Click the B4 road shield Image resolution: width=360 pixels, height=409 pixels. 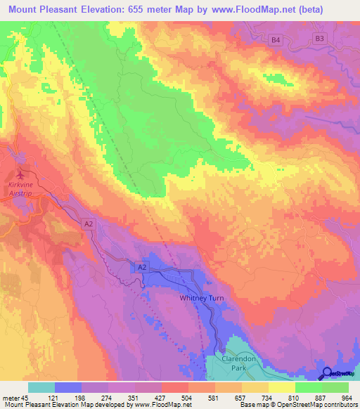click(x=276, y=41)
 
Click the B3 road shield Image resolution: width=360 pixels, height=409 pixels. click(x=320, y=39)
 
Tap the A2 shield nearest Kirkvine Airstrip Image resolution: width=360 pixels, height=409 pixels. click(x=88, y=223)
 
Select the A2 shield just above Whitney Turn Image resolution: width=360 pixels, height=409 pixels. click(x=142, y=268)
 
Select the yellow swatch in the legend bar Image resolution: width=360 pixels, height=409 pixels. click(x=282, y=387)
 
